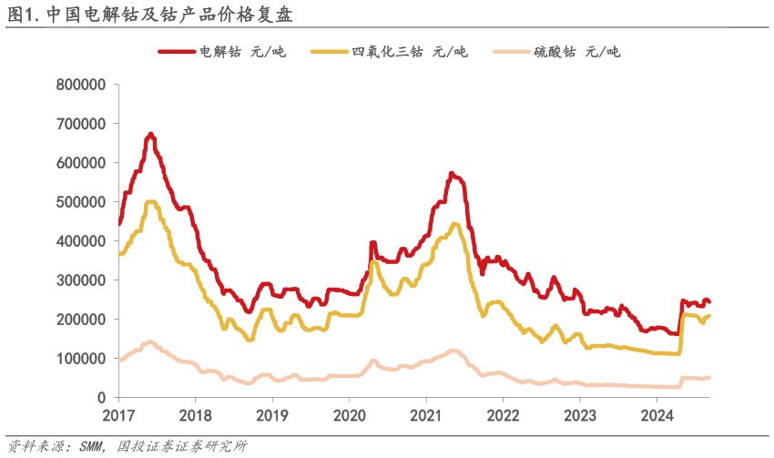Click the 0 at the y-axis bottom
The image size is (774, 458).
tap(103, 398)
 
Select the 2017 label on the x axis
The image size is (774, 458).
tap(118, 416)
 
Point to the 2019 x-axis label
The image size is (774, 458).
tap(271, 416)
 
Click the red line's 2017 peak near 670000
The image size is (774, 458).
tap(151, 135)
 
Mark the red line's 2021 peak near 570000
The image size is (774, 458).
tap(452, 173)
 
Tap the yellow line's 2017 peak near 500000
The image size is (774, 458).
tap(151, 202)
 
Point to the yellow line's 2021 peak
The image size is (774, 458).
tap(454, 224)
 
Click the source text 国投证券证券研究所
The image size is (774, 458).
tap(182, 446)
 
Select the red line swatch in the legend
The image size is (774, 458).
tap(177, 52)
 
